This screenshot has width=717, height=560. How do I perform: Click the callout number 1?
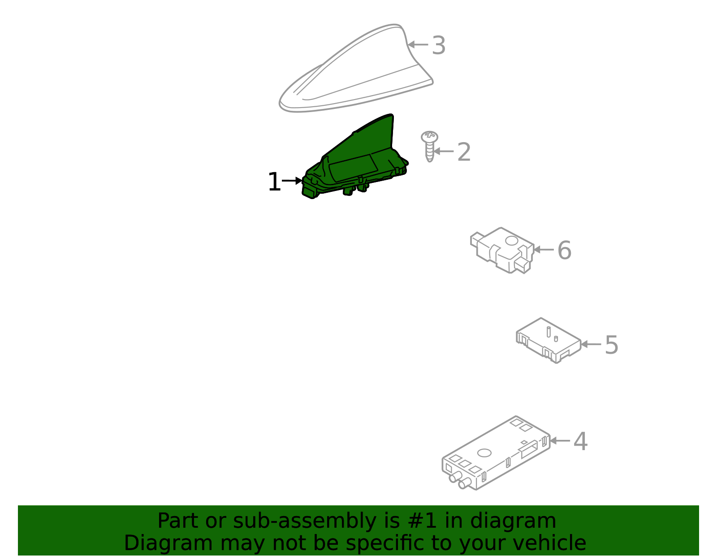pos(273,182)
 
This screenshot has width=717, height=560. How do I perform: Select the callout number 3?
pos(438,45)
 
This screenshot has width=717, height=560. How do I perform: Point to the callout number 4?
pos(580,442)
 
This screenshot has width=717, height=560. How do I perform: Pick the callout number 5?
pos(611,345)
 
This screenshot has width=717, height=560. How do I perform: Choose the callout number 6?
pos(564,250)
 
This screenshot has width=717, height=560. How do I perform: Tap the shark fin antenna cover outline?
pos(354,72)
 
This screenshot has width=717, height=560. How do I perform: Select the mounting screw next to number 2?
pos(429,146)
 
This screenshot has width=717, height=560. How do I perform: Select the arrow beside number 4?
pos(560,441)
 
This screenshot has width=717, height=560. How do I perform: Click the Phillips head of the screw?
pos(429,136)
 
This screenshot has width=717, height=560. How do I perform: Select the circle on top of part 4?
pos(484,452)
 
